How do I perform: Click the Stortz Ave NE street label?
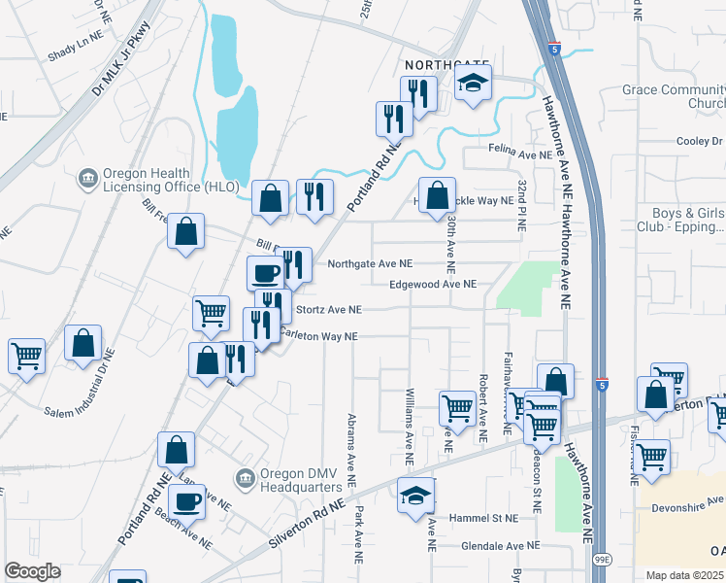coord(328,310)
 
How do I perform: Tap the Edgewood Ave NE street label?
coord(432,285)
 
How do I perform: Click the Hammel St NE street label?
coord(484,519)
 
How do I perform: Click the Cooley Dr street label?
coord(700,141)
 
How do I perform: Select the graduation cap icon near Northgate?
coord(473,85)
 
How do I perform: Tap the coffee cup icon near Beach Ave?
coord(187,501)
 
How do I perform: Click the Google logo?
coord(32,571)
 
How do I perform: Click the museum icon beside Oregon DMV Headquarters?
coord(245,478)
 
